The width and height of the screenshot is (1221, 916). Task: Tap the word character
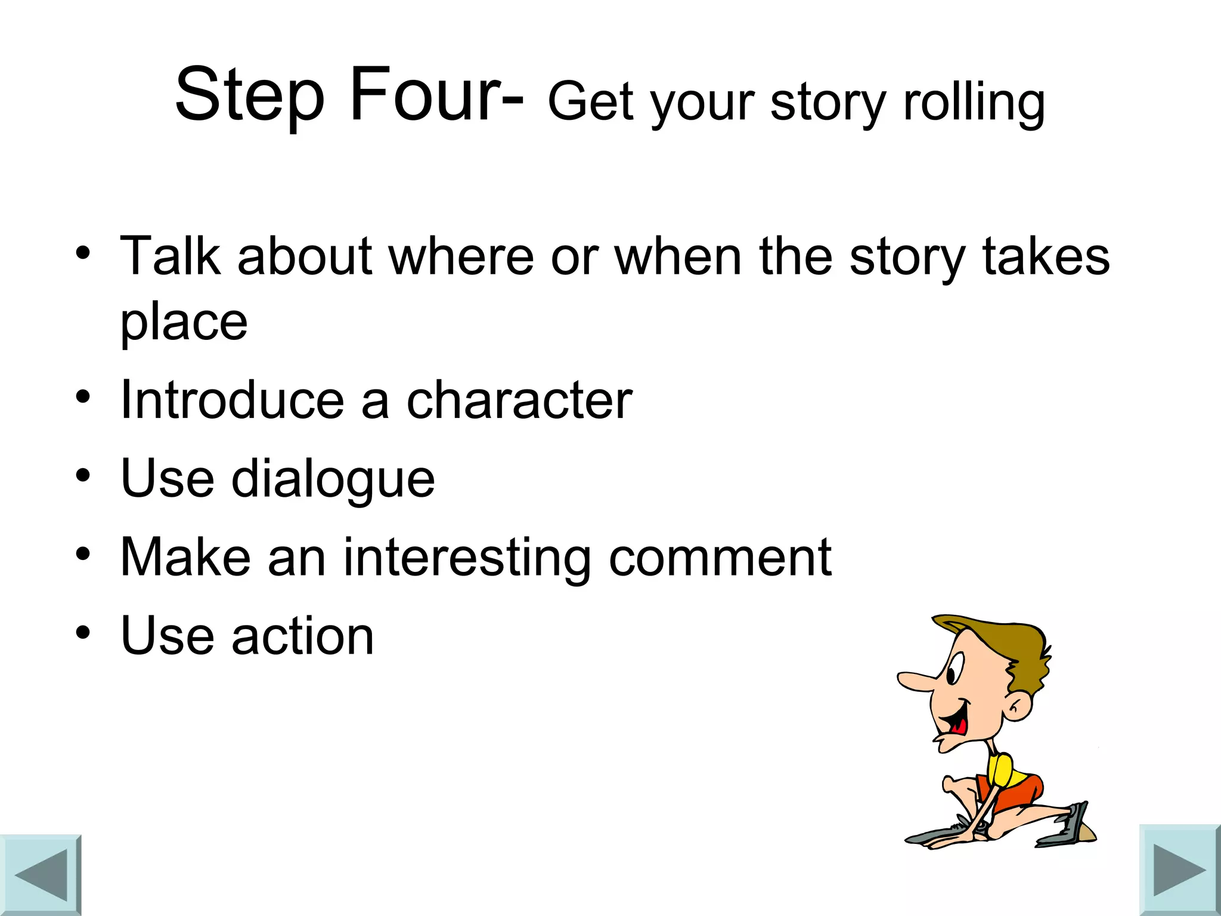pos(519,400)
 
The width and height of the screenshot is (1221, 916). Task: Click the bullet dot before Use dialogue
pos(83,476)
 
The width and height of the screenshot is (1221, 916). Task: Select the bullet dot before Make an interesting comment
pos(83,554)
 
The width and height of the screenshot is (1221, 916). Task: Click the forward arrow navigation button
pos(1179,869)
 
